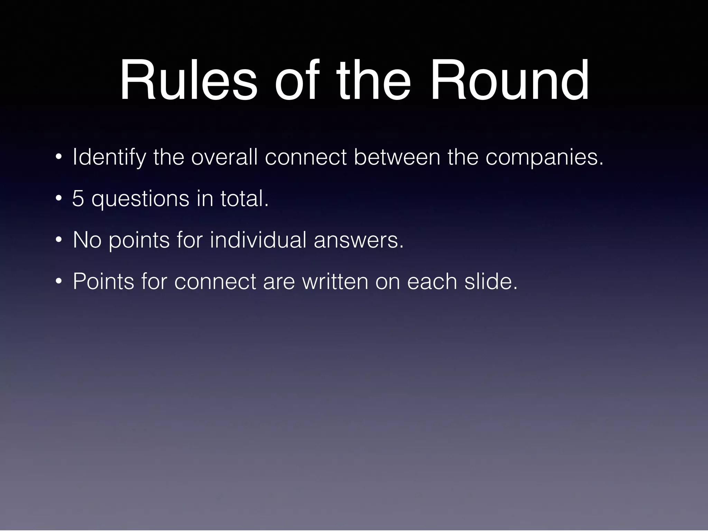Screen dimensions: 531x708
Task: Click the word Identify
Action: point(109,157)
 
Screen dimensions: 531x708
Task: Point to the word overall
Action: point(224,157)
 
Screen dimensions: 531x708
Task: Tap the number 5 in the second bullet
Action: point(78,199)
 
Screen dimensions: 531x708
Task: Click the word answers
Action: point(359,240)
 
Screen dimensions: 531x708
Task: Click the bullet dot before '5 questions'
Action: point(58,199)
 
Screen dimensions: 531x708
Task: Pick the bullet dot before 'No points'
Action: point(58,240)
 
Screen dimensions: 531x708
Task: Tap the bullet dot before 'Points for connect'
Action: point(58,281)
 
